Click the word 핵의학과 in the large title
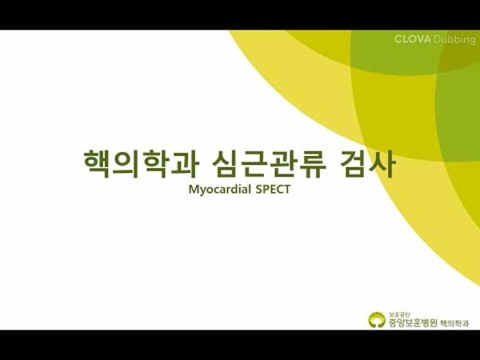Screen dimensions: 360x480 click(x=137, y=164)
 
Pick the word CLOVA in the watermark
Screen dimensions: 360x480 click(x=411, y=38)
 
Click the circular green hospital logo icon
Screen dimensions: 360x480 click(x=375, y=320)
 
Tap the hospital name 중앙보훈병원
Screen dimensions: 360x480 click(x=413, y=322)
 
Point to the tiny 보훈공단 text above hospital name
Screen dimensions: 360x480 click(x=398, y=314)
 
